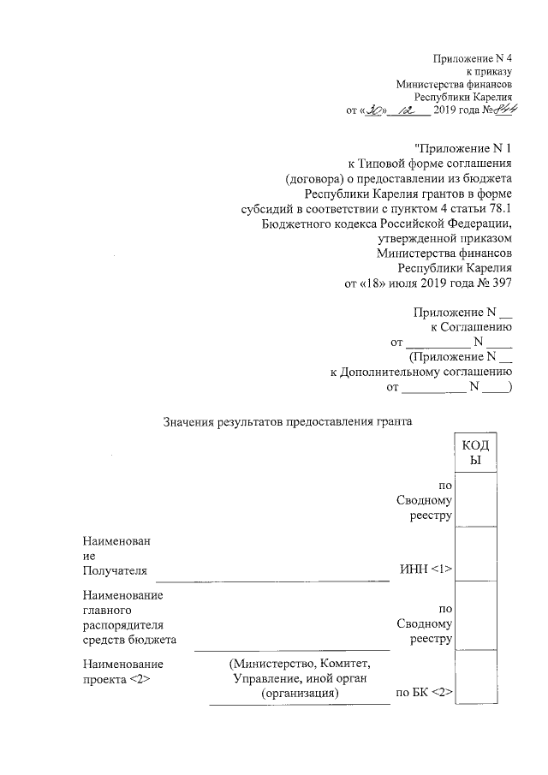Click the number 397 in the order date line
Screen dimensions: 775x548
click(x=500, y=283)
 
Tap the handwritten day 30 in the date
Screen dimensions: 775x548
click(x=375, y=110)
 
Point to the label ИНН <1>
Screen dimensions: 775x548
click(x=426, y=569)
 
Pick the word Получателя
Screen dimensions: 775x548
click(x=115, y=569)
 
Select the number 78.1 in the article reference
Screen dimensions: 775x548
click(x=498, y=210)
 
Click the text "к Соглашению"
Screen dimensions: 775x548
click(x=470, y=327)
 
